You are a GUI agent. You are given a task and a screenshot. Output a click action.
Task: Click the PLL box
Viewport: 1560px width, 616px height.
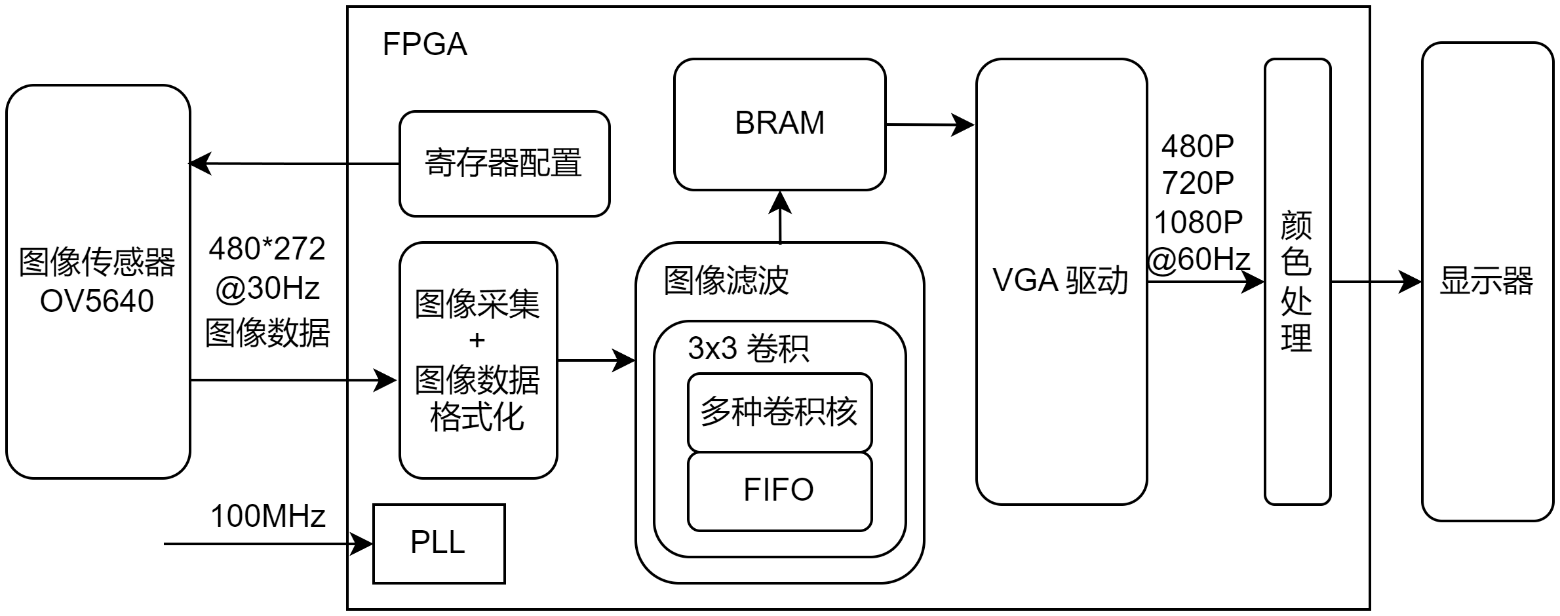point(439,543)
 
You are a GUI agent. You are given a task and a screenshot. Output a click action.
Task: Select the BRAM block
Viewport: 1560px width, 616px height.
point(779,124)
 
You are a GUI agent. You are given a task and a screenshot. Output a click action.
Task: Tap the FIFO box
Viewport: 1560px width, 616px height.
point(779,490)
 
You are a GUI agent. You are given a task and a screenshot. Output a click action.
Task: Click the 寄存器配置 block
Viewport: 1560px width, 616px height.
point(504,163)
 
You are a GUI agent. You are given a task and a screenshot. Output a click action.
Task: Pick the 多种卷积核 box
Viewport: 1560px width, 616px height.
point(779,412)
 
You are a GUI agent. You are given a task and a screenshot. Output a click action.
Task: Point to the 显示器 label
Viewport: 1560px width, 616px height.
point(1486,281)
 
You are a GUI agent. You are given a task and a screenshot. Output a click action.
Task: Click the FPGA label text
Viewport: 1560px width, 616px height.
point(425,45)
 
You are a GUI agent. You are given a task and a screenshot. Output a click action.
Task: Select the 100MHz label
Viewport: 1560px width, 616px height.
point(267,516)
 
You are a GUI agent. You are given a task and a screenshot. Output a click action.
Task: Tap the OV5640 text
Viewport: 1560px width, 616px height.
point(97,301)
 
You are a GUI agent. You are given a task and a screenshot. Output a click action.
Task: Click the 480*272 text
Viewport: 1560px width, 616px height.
point(267,249)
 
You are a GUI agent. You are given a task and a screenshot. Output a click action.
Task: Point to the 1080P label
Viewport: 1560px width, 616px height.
point(1198,223)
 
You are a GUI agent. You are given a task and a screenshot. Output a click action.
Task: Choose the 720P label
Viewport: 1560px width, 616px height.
point(1198,183)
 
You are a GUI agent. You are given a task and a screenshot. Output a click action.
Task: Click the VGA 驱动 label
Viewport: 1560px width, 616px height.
point(1060,281)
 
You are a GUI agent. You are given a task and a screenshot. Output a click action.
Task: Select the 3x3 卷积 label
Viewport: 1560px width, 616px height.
point(748,349)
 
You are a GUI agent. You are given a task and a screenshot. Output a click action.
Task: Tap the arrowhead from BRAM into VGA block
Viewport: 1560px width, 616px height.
point(964,125)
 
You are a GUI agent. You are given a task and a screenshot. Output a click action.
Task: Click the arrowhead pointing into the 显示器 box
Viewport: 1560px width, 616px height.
point(1410,282)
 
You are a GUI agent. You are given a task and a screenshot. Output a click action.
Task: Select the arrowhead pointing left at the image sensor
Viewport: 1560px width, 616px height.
point(201,163)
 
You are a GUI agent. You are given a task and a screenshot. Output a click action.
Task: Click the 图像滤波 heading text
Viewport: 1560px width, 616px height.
point(726,281)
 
